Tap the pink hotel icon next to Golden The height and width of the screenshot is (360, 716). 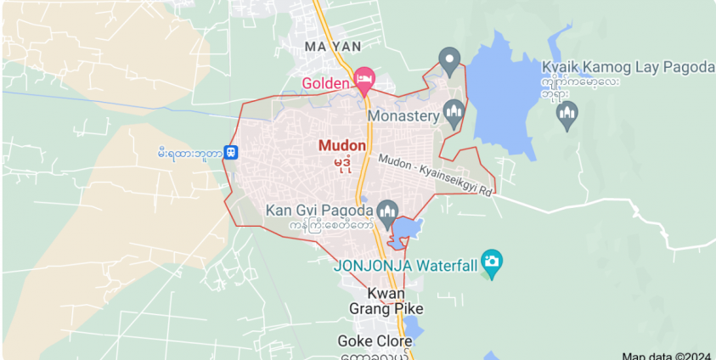tap(364, 80)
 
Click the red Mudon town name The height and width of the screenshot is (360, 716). tap(342, 145)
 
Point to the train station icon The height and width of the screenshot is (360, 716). tap(231, 154)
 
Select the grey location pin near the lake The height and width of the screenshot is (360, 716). tap(449, 60)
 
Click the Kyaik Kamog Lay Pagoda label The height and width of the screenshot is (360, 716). tap(628, 67)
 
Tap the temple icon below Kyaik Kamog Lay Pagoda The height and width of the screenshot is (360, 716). tap(567, 113)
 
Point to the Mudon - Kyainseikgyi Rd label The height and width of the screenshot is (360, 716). tap(436, 176)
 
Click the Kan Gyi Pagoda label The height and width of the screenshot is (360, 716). tap(319, 210)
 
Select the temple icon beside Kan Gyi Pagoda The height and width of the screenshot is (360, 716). tap(388, 211)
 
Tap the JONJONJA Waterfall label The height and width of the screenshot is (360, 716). tap(404, 265)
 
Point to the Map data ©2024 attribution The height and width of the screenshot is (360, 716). tap(667, 356)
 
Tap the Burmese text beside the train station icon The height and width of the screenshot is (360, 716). tap(190, 154)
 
